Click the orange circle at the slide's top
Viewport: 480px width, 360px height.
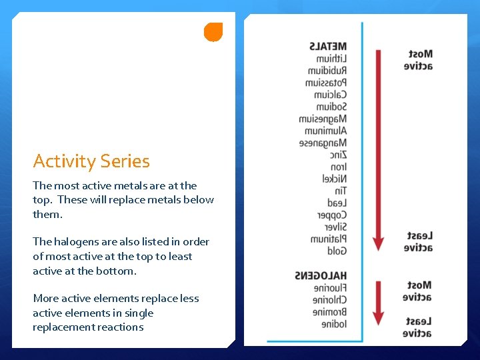tap(213, 31)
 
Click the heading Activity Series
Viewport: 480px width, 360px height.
tap(91, 161)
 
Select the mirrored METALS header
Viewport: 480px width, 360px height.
tap(328, 47)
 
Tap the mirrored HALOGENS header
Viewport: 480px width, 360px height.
tap(321, 276)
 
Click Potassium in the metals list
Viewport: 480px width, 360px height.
tap(326, 83)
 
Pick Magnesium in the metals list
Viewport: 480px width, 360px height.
tap(323, 119)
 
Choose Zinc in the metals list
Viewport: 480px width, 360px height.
tap(338, 155)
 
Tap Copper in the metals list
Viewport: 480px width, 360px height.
tap(331, 215)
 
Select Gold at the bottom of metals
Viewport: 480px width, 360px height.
tap(337, 251)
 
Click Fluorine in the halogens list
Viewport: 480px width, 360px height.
tap(330, 288)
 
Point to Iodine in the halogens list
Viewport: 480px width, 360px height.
tap(334, 324)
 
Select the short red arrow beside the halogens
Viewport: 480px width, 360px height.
tap(378, 303)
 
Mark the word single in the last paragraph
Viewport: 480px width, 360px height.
tap(139, 313)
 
